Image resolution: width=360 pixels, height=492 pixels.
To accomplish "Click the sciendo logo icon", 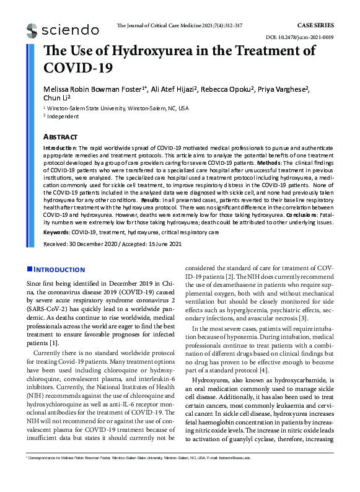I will point(32,29).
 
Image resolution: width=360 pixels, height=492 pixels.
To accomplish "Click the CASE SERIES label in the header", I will point(316,25).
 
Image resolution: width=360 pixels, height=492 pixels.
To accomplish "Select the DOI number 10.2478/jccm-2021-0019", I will point(302,37).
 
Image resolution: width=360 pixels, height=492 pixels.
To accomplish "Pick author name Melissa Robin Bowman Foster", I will point(92,89).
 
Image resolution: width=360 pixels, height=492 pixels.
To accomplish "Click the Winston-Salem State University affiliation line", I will point(118,108).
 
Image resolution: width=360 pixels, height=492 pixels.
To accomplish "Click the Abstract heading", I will point(60,136).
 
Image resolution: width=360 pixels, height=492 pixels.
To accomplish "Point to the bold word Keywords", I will point(56,232).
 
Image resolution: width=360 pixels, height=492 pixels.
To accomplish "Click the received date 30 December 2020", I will point(95,244).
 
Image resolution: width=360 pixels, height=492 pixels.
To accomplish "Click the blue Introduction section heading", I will point(59,270).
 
